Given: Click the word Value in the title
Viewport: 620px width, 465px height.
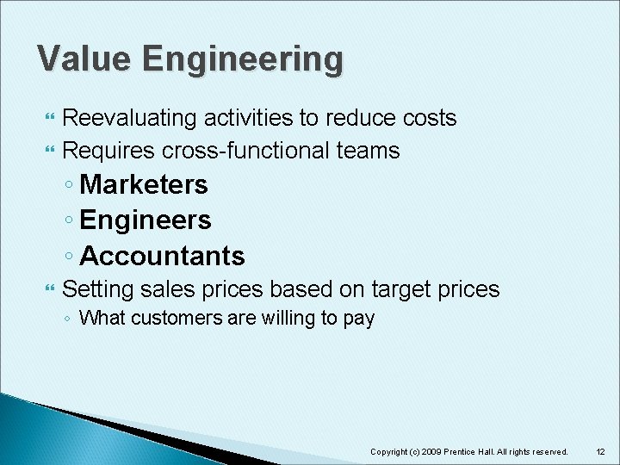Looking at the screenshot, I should point(84,59).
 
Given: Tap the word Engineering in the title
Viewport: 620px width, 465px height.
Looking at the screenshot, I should point(243,60).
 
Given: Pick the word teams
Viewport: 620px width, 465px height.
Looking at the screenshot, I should point(369,151).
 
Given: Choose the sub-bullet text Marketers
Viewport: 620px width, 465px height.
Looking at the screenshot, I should point(143,184).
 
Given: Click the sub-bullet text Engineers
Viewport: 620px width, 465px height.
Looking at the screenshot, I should point(145,220).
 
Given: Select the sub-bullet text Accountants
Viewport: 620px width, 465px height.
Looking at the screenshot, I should point(162,256).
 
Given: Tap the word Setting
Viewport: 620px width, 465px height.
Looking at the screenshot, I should point(97,288).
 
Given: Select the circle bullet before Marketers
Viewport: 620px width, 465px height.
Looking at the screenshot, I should point(68,186).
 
